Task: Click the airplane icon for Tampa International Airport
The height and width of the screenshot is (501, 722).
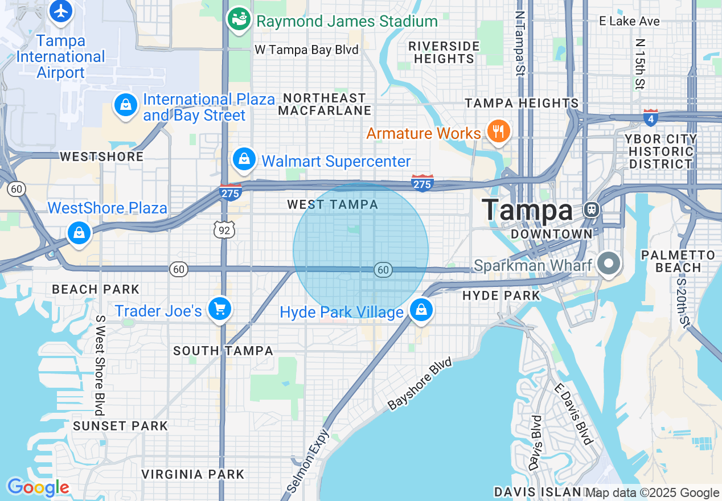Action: click(x=60, y=11)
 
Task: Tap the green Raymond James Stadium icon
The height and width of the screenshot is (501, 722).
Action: click(x=239, y=19)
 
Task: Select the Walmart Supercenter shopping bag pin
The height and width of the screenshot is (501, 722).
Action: click(x=244, y=159)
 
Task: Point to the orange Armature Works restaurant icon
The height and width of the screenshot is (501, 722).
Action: click(x=499, y=132)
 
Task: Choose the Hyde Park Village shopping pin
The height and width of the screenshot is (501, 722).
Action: click(x=421, y=310)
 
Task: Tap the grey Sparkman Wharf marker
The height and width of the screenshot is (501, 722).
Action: click(x=609, y=264)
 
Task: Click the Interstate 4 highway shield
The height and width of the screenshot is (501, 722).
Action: click(x=651, y=118)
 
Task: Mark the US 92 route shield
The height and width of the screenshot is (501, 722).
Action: click(x=224, y=230)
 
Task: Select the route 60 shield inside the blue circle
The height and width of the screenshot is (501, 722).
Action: click(x=383, y=270)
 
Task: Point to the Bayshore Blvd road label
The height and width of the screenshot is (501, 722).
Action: click(x=420, y=384)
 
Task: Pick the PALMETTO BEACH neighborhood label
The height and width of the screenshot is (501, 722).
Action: click(x=678, y=261)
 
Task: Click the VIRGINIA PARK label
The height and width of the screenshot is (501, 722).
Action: click(x=192, y=474)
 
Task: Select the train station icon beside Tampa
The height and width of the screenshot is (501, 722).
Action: click(x=592, y=210)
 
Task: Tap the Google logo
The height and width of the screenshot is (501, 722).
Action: click(x=38, y=488)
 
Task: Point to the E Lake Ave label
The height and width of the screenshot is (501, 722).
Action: click(x=629, y=22)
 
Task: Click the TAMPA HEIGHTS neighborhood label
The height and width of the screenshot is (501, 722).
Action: click(x=522, y=104)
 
